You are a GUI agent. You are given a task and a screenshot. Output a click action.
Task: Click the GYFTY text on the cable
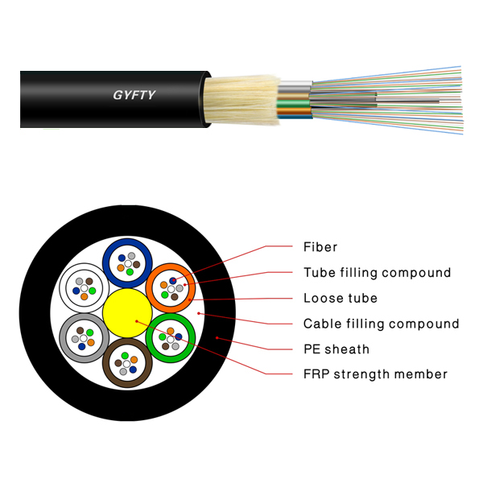pyautogui.click(x=134, y=96)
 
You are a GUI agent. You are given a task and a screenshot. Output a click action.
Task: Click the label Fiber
pyautogui.click(x=320, y=247)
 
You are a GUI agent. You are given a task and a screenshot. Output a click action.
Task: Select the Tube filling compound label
pyautogui.click(x=377, y=273)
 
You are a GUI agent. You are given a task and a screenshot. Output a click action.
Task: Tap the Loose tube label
pyautogui.click(x=340, y=299)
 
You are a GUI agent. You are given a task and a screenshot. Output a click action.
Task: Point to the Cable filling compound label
pyautogui.click(x=381, y=324)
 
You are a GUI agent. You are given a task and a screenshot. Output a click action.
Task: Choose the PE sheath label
pyautogui.click(x=336, y=349)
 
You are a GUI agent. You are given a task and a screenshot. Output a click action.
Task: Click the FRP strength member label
pyautogui.click(x=375, y=374)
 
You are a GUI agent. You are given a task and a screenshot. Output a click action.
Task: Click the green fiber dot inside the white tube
pyautogui.click(x=93, y=289)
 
